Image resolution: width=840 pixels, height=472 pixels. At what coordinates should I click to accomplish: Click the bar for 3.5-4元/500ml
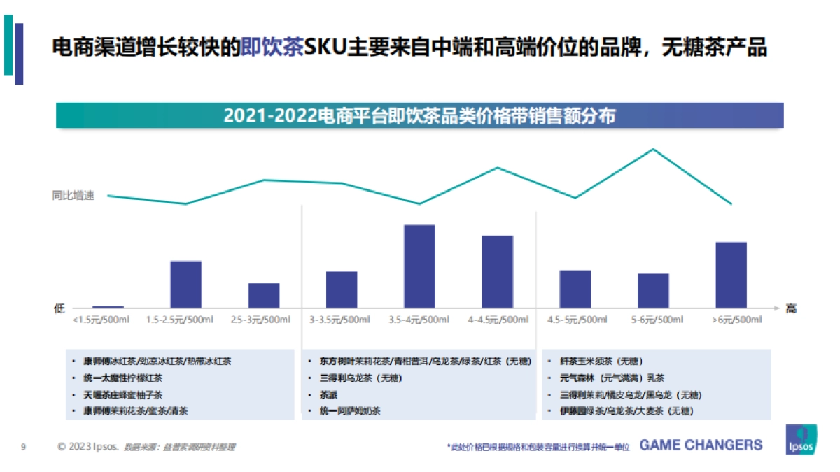(419, 266)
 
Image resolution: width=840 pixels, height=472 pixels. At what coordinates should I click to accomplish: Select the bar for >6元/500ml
(731, 275)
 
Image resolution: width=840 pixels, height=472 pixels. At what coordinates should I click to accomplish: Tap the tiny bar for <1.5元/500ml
(108, 306)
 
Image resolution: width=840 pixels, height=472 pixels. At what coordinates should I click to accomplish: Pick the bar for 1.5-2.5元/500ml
(186, 284)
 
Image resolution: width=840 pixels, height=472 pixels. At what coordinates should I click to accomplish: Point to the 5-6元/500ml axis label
(657, 320)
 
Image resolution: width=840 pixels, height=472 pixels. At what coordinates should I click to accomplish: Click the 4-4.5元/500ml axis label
(498, 320)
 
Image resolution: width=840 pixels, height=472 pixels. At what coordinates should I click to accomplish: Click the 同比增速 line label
(73, 196)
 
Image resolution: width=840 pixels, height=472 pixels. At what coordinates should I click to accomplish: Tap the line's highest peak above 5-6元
(654, 149)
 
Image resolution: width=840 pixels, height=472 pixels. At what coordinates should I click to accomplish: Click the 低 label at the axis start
(59, 308)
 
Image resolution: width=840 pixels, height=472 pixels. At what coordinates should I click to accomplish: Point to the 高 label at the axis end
(791, 308)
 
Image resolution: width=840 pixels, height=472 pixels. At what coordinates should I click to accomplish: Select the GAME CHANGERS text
(701, 445)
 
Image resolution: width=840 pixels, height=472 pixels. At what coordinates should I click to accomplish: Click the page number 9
(24, 446)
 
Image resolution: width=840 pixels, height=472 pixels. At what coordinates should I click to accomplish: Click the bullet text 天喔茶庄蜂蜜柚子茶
(123, 395)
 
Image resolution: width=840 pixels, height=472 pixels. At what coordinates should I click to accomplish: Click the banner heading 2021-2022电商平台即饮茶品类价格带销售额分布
(419, 115)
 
